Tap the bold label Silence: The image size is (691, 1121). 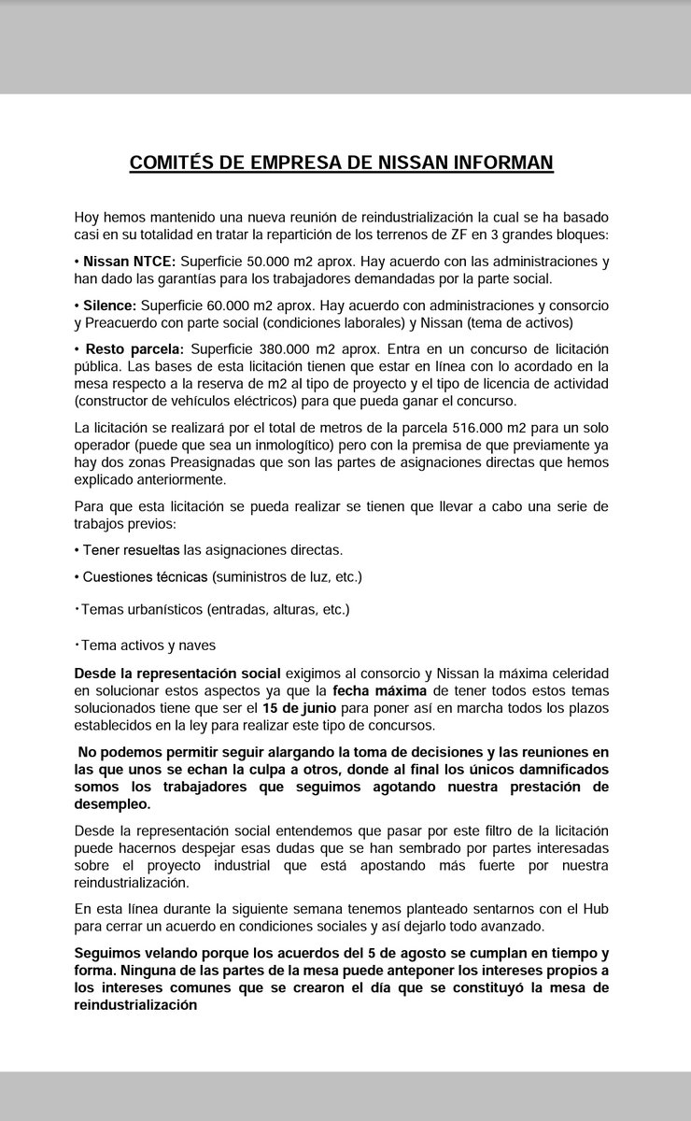click(x=111, y=305)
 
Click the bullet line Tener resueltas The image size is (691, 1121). click(x=211, y=550)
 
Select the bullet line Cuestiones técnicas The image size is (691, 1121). click(x=220, y=577)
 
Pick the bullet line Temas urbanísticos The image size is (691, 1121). click(x=214, y=610)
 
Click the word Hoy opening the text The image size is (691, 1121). click(x=88, y=216)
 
